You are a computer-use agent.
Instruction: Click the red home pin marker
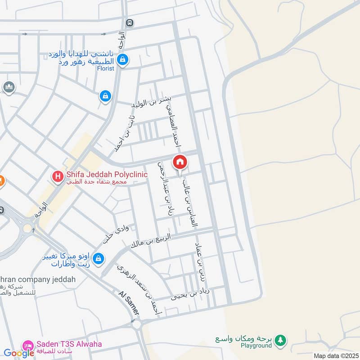[180, 162]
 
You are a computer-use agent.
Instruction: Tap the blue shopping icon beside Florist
[122, 59]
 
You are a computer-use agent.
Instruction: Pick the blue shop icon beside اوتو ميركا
[99, 259]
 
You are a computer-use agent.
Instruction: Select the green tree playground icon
[281, 340]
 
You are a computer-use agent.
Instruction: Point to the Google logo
[19, 353]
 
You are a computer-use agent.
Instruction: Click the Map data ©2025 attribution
[335, 355]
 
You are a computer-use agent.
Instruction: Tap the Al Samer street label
[129, 303]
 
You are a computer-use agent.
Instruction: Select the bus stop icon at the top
[130, 22]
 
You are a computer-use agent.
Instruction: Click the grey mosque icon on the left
[8, 86]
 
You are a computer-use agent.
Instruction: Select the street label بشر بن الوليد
[151, 102]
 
